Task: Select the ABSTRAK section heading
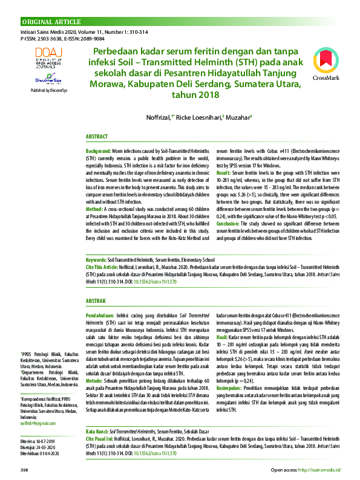[96, 300]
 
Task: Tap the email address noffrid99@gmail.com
[38, 406]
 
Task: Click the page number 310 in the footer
[25, 469]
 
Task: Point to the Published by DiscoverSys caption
[48, 89]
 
